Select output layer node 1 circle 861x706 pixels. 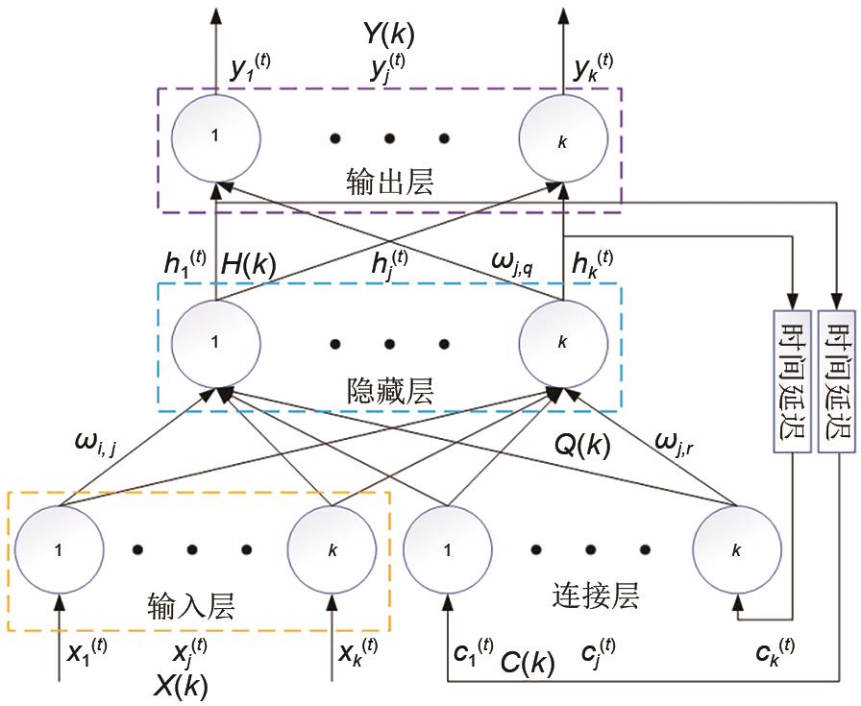pos(216,137)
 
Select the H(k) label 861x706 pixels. pos(248,268)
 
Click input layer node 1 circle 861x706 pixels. pos(61,550)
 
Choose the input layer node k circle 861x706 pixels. pos(332,550)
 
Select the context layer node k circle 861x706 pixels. pos(737,550)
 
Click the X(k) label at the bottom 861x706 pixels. pos(181,685)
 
